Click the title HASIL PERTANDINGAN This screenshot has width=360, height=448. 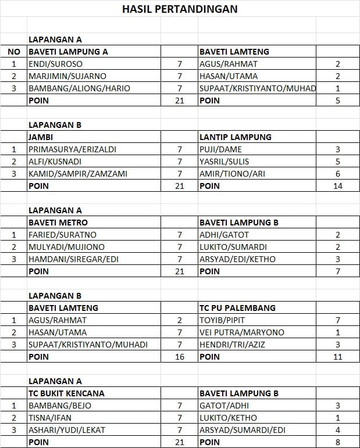179,9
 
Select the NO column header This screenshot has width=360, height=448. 14,52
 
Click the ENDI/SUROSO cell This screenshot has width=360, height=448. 55,64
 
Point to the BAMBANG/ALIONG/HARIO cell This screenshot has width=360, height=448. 79,88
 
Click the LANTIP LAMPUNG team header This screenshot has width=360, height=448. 235,137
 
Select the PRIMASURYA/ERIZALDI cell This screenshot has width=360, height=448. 72,149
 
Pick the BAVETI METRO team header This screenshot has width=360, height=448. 58,223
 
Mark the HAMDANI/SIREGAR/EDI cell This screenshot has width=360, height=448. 73,259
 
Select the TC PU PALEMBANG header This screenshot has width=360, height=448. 237,308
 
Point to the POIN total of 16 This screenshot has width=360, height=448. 179,357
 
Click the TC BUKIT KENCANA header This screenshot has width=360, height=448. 66,393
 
